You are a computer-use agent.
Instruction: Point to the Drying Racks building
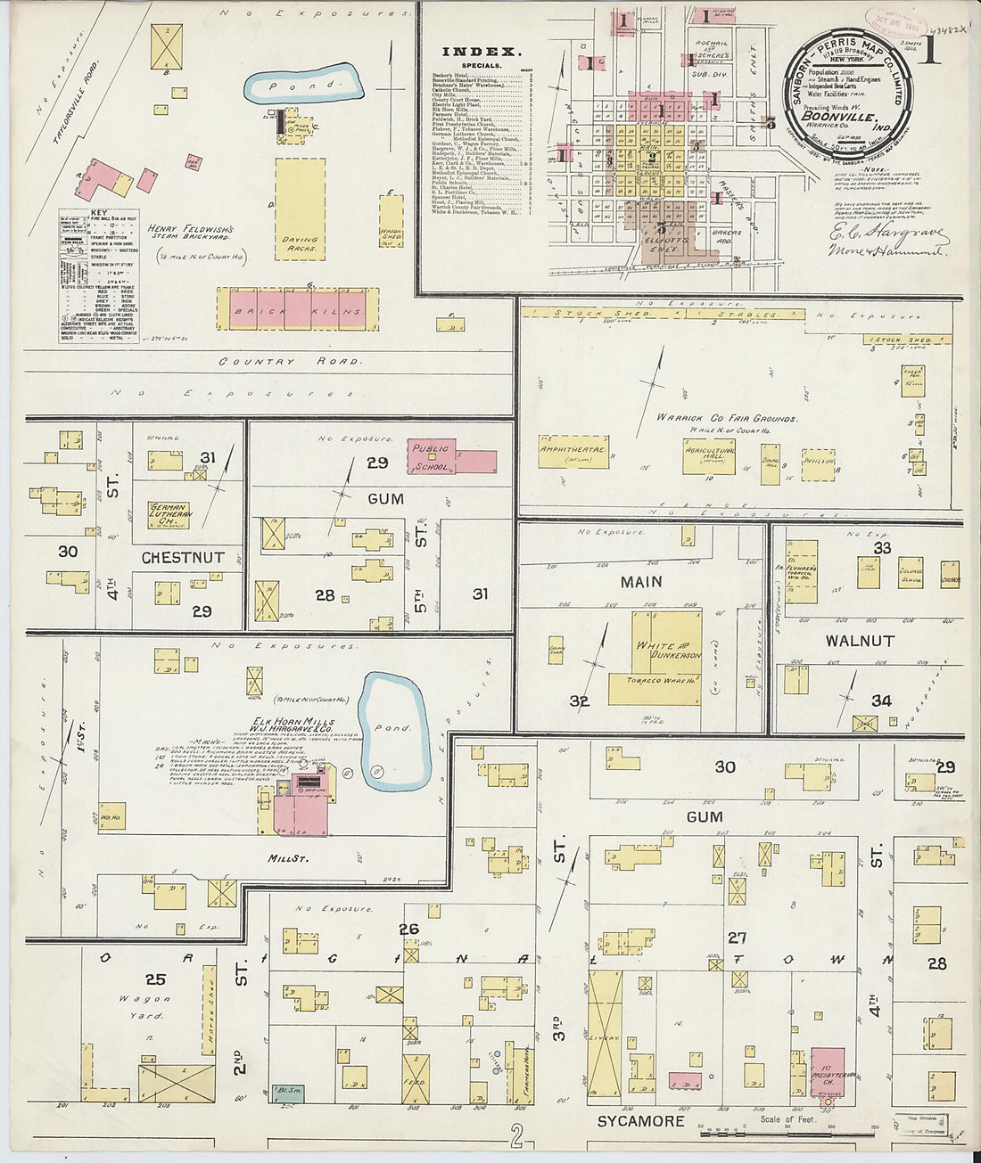300,209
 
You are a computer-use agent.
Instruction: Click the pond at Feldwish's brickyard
303,85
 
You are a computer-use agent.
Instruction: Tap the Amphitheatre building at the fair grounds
573,451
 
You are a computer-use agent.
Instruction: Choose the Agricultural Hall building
709,455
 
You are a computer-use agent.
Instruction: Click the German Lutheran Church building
169,515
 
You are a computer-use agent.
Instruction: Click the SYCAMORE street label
640,1121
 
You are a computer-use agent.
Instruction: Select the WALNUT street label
859,641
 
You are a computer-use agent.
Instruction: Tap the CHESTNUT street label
183,558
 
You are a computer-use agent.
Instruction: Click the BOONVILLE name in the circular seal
837,116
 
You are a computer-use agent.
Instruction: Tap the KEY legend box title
99,214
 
